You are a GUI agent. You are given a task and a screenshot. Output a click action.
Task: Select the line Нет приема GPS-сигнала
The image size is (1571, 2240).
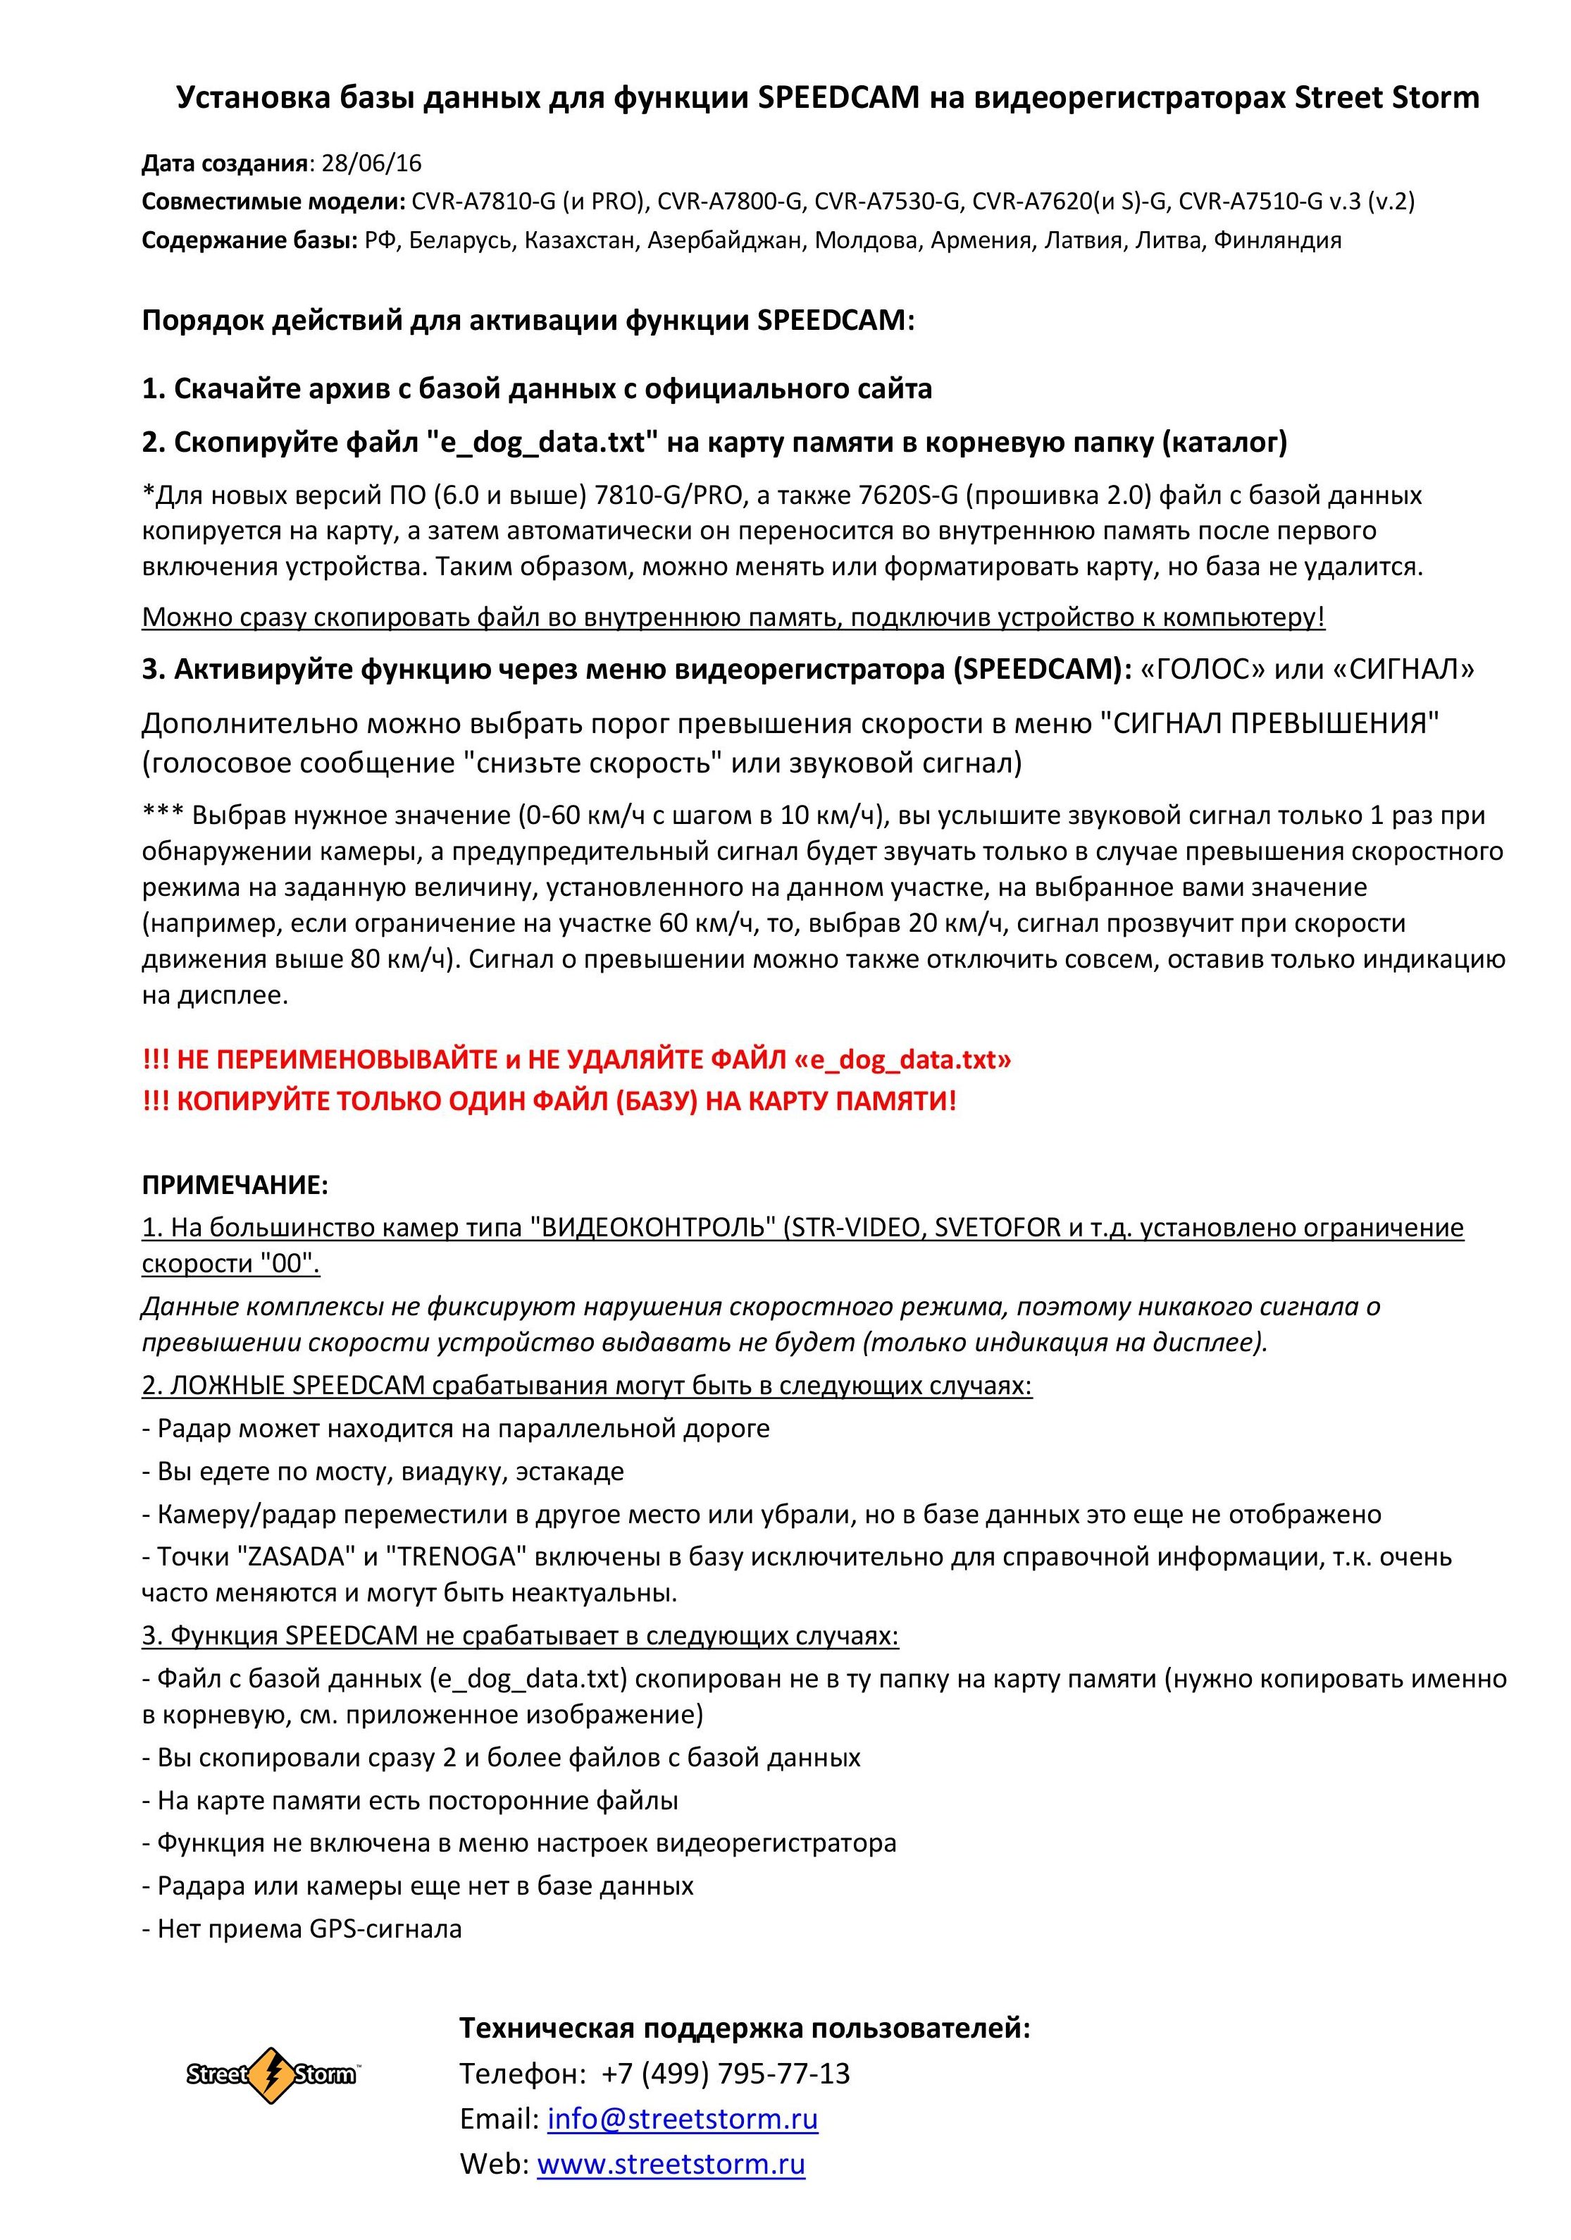pos(302,1928)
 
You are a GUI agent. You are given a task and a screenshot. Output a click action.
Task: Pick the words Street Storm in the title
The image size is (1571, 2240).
pos(1386,97)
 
